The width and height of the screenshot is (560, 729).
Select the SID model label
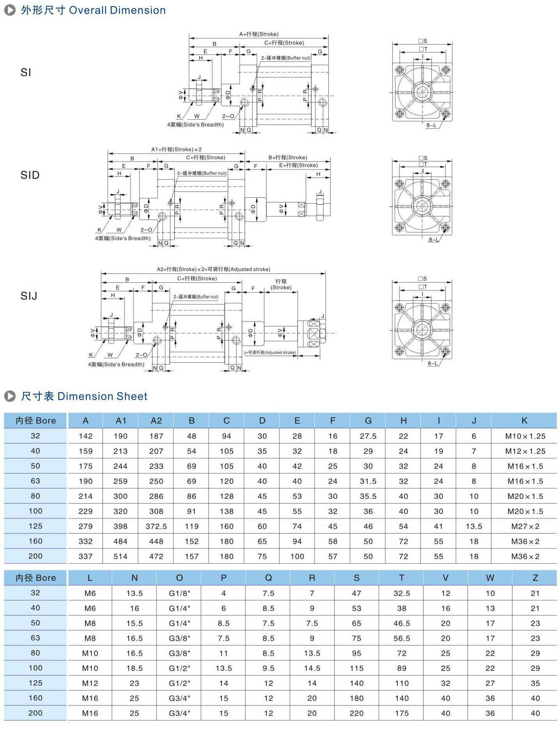point(30,175)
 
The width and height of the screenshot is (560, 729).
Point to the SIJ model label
point(29,296)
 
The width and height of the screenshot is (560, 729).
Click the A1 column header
point(121,420)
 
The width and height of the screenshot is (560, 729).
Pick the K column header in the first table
point(524,420)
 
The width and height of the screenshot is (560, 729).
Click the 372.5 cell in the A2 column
point(156,526)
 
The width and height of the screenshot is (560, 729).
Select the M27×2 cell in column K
point(525,526)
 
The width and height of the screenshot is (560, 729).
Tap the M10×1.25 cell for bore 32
point(525,436)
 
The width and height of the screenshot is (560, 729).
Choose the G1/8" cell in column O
point(179,593)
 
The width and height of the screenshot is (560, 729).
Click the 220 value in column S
point(356,713)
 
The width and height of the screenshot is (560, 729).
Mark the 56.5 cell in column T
point(402,638)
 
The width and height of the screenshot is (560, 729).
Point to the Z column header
point(535,578)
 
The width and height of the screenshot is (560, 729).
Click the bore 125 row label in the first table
point(35,526)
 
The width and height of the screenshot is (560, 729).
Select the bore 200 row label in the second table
point(35,713)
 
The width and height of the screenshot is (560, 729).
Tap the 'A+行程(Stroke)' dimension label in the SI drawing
point(259,34)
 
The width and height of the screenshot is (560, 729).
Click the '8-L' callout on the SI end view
point(431,125)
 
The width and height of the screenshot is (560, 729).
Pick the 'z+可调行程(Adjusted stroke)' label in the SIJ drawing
point(269,353)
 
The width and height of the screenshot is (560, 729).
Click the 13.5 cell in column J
point(474,526)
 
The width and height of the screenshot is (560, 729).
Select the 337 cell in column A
point(85,556)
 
